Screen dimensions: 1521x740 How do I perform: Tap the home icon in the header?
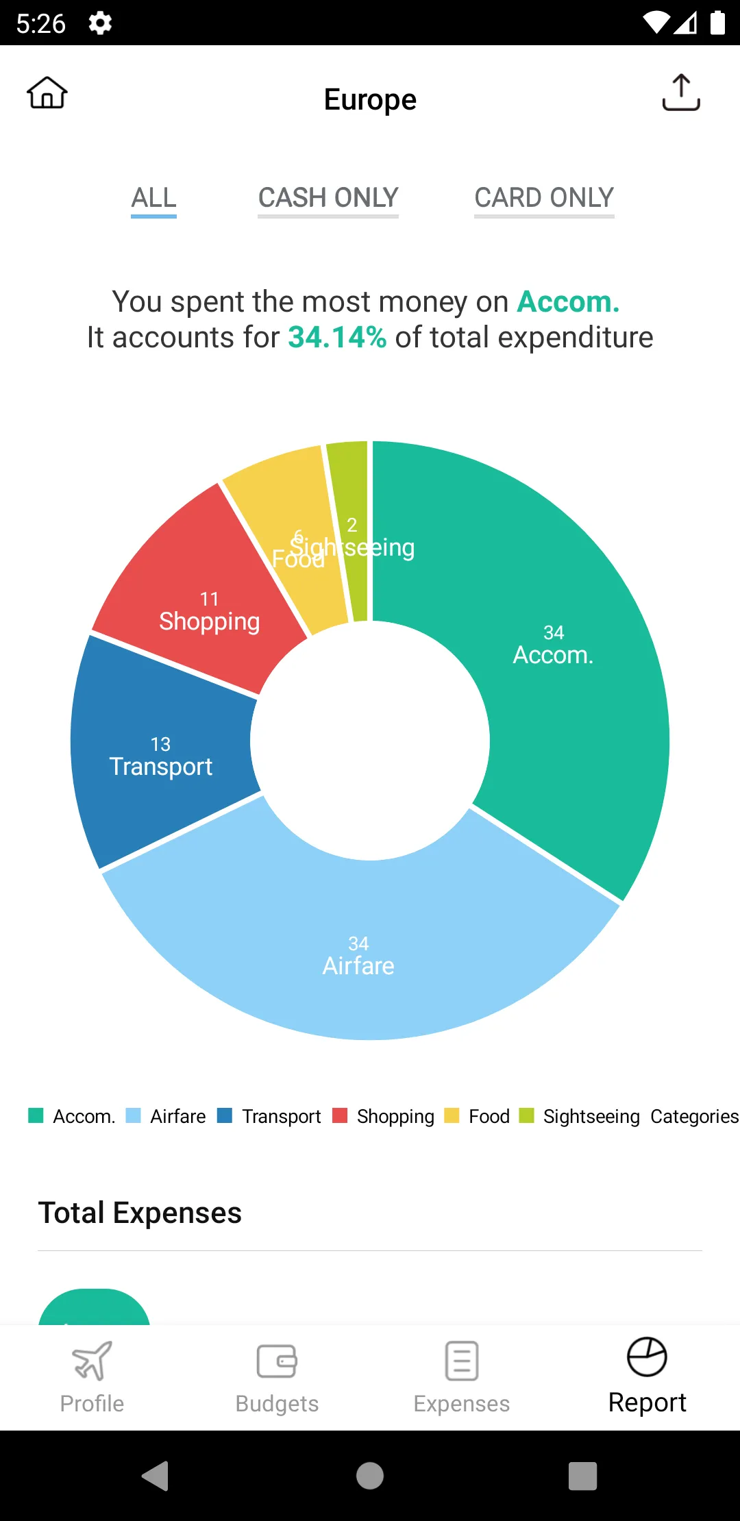(x=47, y=92)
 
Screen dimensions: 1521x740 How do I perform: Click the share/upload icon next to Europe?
(x=681, y=92)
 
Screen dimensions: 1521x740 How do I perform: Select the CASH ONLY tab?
(x=328, y=198)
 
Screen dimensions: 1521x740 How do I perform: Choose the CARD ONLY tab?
(x=544, y=198)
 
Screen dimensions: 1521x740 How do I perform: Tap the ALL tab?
(x=154, y=198)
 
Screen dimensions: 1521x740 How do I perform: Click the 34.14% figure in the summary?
(x=337, y=338)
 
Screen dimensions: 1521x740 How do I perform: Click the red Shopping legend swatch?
(x=340, y=1115)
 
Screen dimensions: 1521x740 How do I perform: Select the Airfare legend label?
(x=177, y=1116)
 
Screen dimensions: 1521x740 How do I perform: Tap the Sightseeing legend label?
(x=591, y=1116)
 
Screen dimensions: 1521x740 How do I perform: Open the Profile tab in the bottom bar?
(x=92, y=1377)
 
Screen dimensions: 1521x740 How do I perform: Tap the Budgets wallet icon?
(x=277, y=1361)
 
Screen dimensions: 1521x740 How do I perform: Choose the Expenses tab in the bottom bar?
(x=462, y=1377)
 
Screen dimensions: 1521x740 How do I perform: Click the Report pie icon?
(x=647, y=1357)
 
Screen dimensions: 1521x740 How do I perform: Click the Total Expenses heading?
(x=140, y=1213)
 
